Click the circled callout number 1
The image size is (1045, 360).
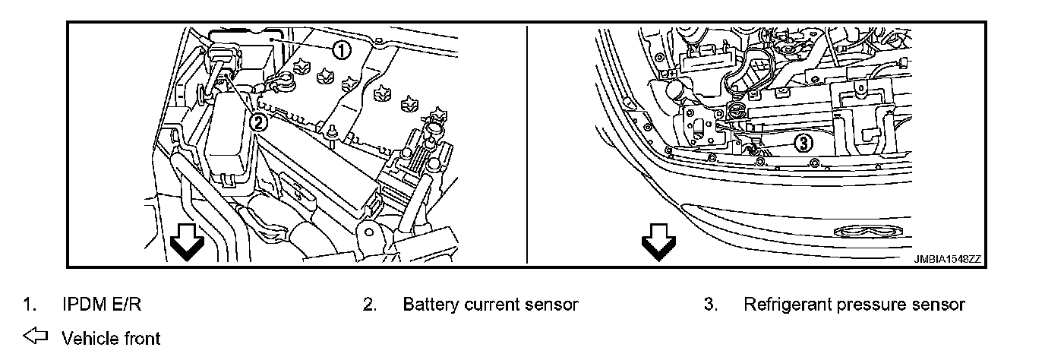point(342,50)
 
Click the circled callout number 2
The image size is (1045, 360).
point(258,121)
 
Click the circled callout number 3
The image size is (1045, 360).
point(803,142)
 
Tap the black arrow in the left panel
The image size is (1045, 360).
point(186,241)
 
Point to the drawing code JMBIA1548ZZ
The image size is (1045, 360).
point(948,259)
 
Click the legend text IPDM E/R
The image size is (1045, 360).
point(101,305)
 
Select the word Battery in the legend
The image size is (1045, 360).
point(431,305)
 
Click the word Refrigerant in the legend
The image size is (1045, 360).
point(787,305)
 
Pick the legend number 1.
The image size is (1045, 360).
point(27,305)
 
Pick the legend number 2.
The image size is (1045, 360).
point(369,305)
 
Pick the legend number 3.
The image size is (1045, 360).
point(710,305)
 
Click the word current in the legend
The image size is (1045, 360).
point(492,305)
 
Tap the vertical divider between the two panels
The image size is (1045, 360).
point(527,144)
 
